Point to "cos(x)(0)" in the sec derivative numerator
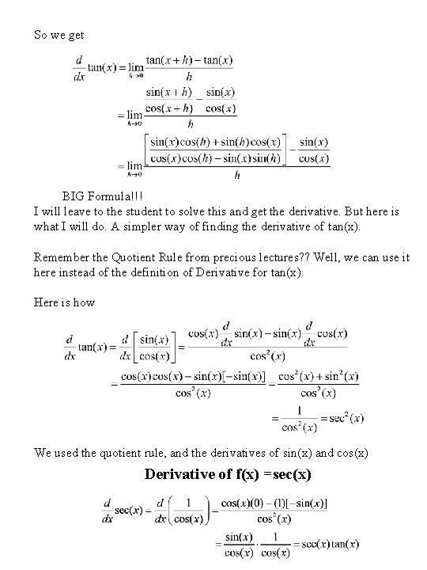point(246,503)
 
